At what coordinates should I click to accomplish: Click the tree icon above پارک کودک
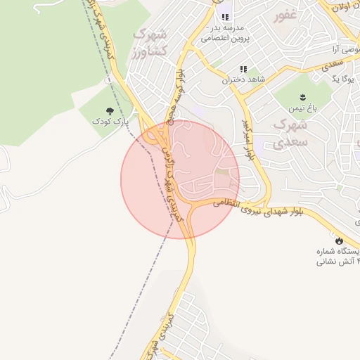point(110,111)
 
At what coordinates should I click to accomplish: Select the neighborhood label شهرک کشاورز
point(149,41)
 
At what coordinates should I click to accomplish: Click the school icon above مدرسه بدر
point(225,18)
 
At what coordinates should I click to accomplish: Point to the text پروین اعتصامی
point(224,39)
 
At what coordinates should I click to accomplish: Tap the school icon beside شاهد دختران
point(243,70)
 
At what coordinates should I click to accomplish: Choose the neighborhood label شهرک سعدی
point(292,134)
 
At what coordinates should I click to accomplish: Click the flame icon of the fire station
point(339,240)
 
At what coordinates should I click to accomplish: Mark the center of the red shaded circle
point(180,179)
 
